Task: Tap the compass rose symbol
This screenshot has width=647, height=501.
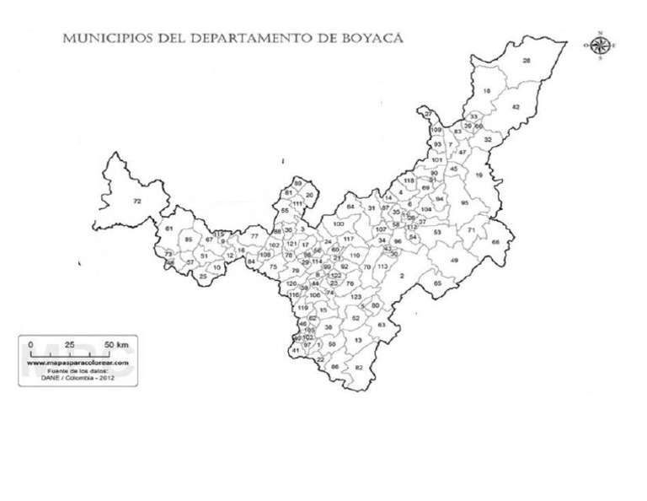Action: pyautogui.click(x=600, y=46)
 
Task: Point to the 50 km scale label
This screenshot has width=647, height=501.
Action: pyautogui.click(x=115, y=345)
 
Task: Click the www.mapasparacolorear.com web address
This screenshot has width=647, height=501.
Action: pyautogui.click(x=74, y=363)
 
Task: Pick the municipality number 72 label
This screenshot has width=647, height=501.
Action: pyautogui.click(x=137, y=201)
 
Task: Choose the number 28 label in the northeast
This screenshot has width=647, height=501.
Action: pyautogui.click(x=527, y=61)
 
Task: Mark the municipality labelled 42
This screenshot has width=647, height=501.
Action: pyautogui.click(x=516, y=107)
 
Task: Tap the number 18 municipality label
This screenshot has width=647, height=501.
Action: pyautogui.click(x=486, y=91)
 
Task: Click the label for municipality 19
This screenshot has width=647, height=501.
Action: pyautogui.click(x=478, y=175)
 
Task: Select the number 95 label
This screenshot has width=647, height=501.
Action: pyautogui.click(x=464, y=203)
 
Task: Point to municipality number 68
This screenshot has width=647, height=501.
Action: pyautogui.click(x=495, y=242)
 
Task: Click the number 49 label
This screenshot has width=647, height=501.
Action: pyautogui.click(x=454, y=261)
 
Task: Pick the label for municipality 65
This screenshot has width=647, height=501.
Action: pyautogui.click(x=437, y=283)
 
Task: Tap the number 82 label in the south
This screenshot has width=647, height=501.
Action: pyautogui.click(x=358, y=368)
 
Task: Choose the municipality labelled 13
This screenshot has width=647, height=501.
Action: pyautogui.click(x=358, y=340)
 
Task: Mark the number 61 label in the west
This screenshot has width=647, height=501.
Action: pyautogui.click(x=168, y=229)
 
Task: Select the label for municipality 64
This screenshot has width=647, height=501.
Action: pyautogui.click(x=350, y=207)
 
